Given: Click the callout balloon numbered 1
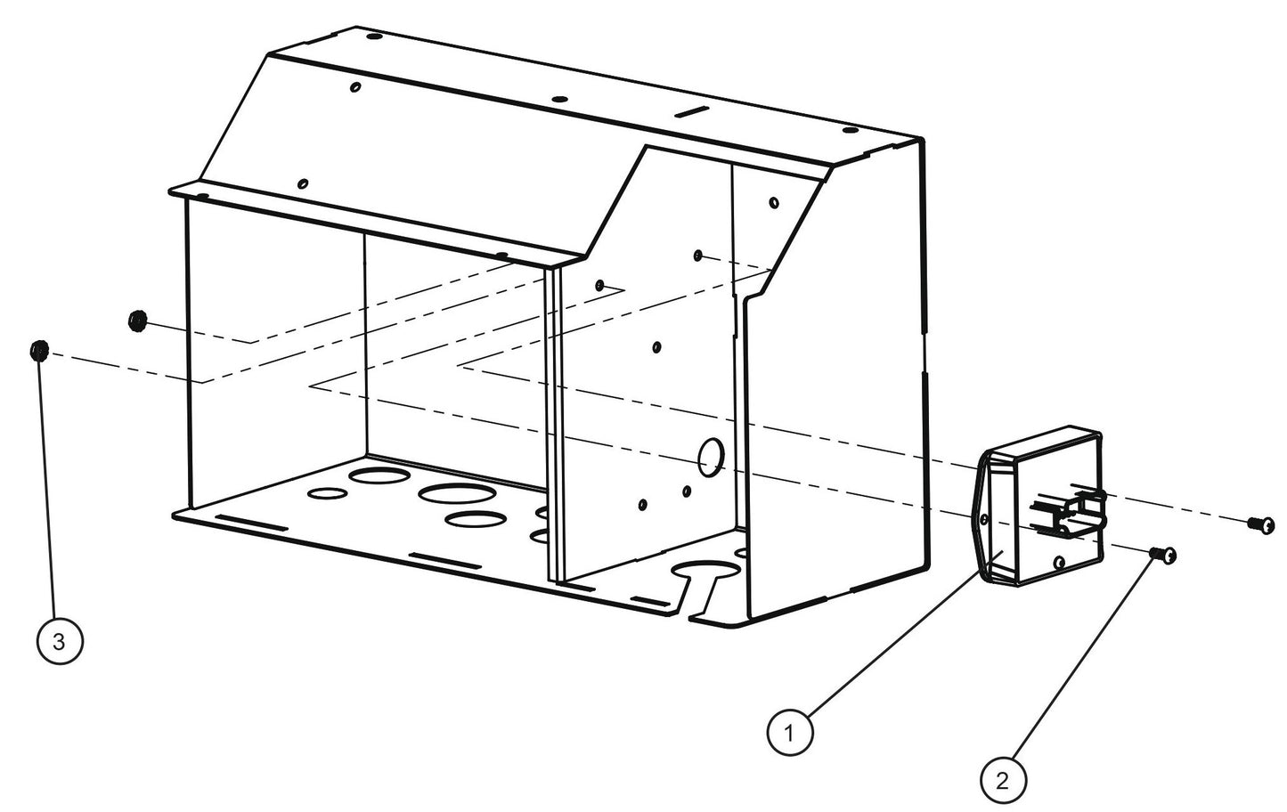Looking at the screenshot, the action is pos(790,732).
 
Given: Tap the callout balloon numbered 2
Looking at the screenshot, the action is pos(1003,780).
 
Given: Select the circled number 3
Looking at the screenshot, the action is pos(60,641).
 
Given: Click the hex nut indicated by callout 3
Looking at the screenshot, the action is pos(39,350).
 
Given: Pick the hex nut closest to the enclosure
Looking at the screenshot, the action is pos(137,321).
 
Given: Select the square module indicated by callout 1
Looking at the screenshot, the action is pos(1039,507).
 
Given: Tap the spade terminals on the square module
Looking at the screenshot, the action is pos(1069,513).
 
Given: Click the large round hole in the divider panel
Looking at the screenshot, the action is pos(712,457).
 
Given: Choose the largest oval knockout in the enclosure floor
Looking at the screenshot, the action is pos(457,494).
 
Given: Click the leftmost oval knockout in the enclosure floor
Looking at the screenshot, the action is pos(328,493).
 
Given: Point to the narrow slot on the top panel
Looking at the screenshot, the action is pos(692,112).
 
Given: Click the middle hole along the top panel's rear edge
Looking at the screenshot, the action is pos(559,100).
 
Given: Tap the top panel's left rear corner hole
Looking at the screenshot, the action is pos(374,37).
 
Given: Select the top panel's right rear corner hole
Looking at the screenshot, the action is pos(850,132).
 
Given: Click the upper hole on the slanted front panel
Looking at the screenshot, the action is pos(355,87).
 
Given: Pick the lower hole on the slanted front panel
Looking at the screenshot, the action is pos(303,183).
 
